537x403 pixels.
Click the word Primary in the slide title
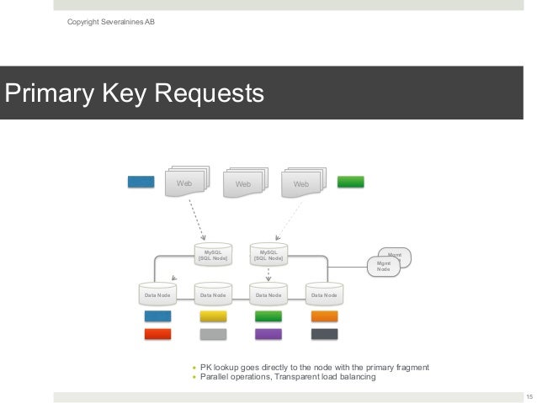pyautogui.click(x=50, y=92)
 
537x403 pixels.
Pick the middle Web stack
pyautogui.click(x=243, y=183)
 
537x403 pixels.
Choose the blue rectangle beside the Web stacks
pyautogui.click(x=141, y=181)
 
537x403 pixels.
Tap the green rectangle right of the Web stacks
pyautogui.click(x=350, y=181)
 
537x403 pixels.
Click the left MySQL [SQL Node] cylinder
pyautogui.click(x=213, y=254)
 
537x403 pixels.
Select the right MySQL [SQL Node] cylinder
pyautogui.click(x=268, y=254)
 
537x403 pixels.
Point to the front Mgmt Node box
pyautogui.click(x=383, y=267)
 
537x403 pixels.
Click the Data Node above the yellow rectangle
pyautogui.click(x=213, y=294)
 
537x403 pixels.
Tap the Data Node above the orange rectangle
pyautogui.click(x=324, y=294)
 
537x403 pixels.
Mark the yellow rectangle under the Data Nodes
pyautogui.click(x=213, y=316)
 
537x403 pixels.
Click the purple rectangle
pyautogui.click(x=268, y=334)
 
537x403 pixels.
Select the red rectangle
pyautogui.click(x=157, y=334)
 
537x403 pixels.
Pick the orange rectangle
pyautogui.click(x=324, y=316)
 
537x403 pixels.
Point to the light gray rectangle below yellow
pyautogui.click(x=213, y=334)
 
